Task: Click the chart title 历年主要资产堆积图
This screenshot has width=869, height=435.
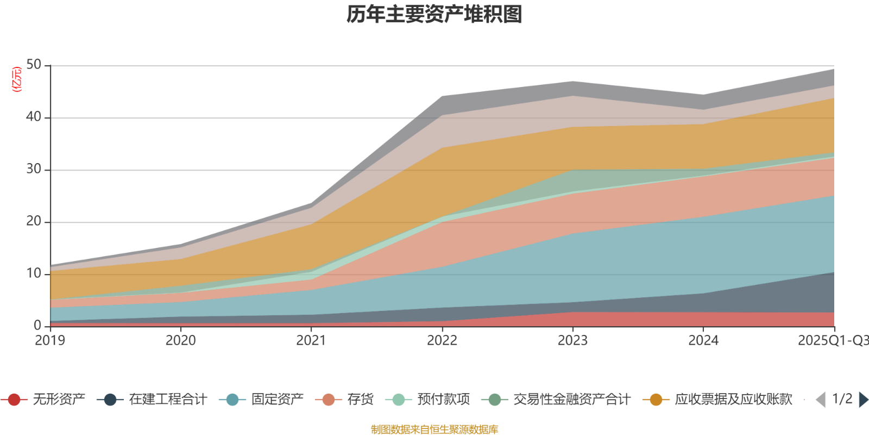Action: point(434,14)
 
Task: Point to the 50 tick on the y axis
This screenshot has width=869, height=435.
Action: point(34,65)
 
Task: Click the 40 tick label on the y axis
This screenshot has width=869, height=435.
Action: point(34,117)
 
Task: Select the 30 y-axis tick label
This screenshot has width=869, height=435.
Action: point(34,169)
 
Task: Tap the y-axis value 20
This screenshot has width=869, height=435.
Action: point(34,221)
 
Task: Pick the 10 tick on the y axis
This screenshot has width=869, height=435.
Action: point(34,274)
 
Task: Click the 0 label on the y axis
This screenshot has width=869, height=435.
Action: point(37,326)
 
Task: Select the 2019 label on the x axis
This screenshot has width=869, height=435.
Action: point(50,341)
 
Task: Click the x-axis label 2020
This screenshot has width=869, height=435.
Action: point(181,341)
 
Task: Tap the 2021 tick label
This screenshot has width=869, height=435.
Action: point(311,341)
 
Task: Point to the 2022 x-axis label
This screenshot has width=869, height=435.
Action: point(442,341)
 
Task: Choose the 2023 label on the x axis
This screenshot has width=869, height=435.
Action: point(572,341)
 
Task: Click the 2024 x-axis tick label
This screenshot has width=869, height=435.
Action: point(703,341)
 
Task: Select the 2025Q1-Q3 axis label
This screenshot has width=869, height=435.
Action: point(832,341)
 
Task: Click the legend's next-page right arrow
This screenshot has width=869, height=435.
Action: point(863,400)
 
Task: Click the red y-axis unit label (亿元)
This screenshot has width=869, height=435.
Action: point(17,79)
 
